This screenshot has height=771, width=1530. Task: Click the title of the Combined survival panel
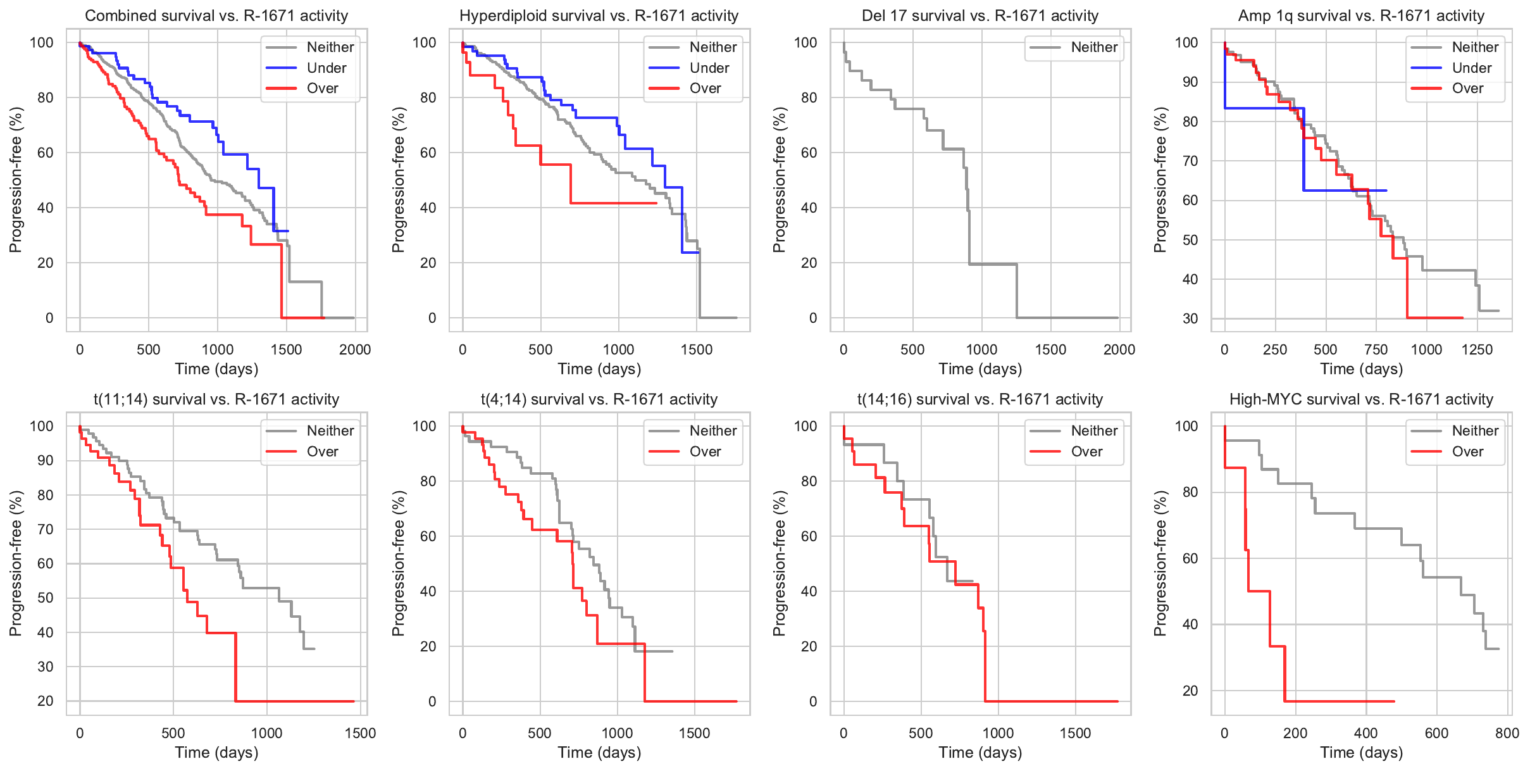[x=216, y=16]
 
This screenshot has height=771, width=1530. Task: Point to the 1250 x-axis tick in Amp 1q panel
[x=1477, y=349]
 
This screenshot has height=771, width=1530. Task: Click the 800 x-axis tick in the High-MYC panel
[x=1507, y=733]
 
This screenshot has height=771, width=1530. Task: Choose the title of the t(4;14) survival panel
[x=599, y=399]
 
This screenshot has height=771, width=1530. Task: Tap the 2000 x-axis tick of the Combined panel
[x=355, y=349]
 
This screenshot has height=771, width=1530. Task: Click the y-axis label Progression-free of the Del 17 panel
[x=779, y=180]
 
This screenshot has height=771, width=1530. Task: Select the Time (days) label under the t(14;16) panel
[x=980, y=752]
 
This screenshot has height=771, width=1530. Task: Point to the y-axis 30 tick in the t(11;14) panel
[x=46, y=667]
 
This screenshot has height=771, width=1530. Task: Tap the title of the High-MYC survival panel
[x=1361, y=399]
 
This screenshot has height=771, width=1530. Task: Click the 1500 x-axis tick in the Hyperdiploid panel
[x=697, y=349]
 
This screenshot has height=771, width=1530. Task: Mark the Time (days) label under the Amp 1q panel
[x=1361, y=368]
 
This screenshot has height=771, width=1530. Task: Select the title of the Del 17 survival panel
[x=980, y=16]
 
